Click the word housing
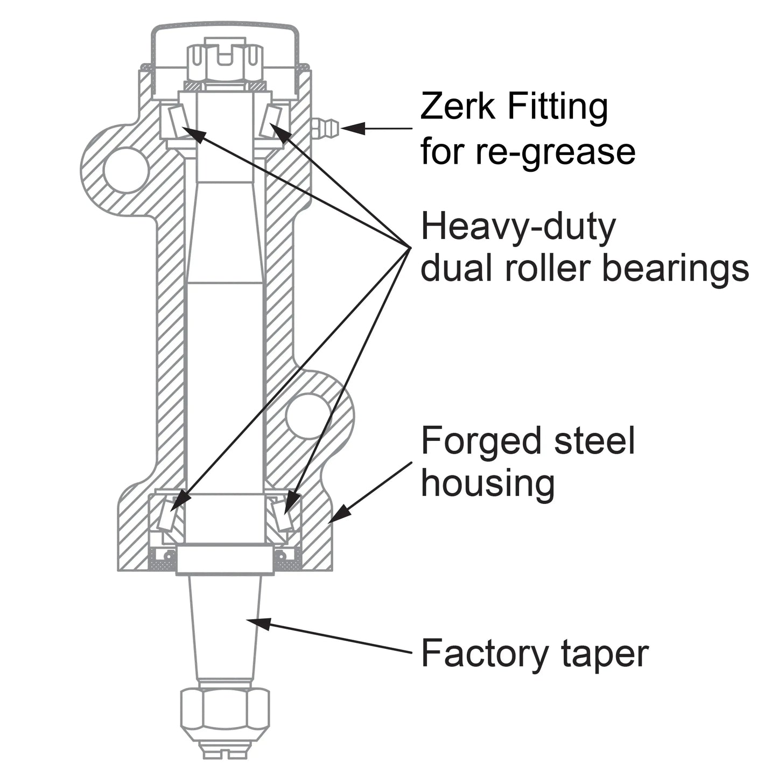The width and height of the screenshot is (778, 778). point(487,483)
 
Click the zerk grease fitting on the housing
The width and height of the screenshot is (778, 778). point(325,128)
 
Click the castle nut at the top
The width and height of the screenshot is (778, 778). point(225,60)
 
